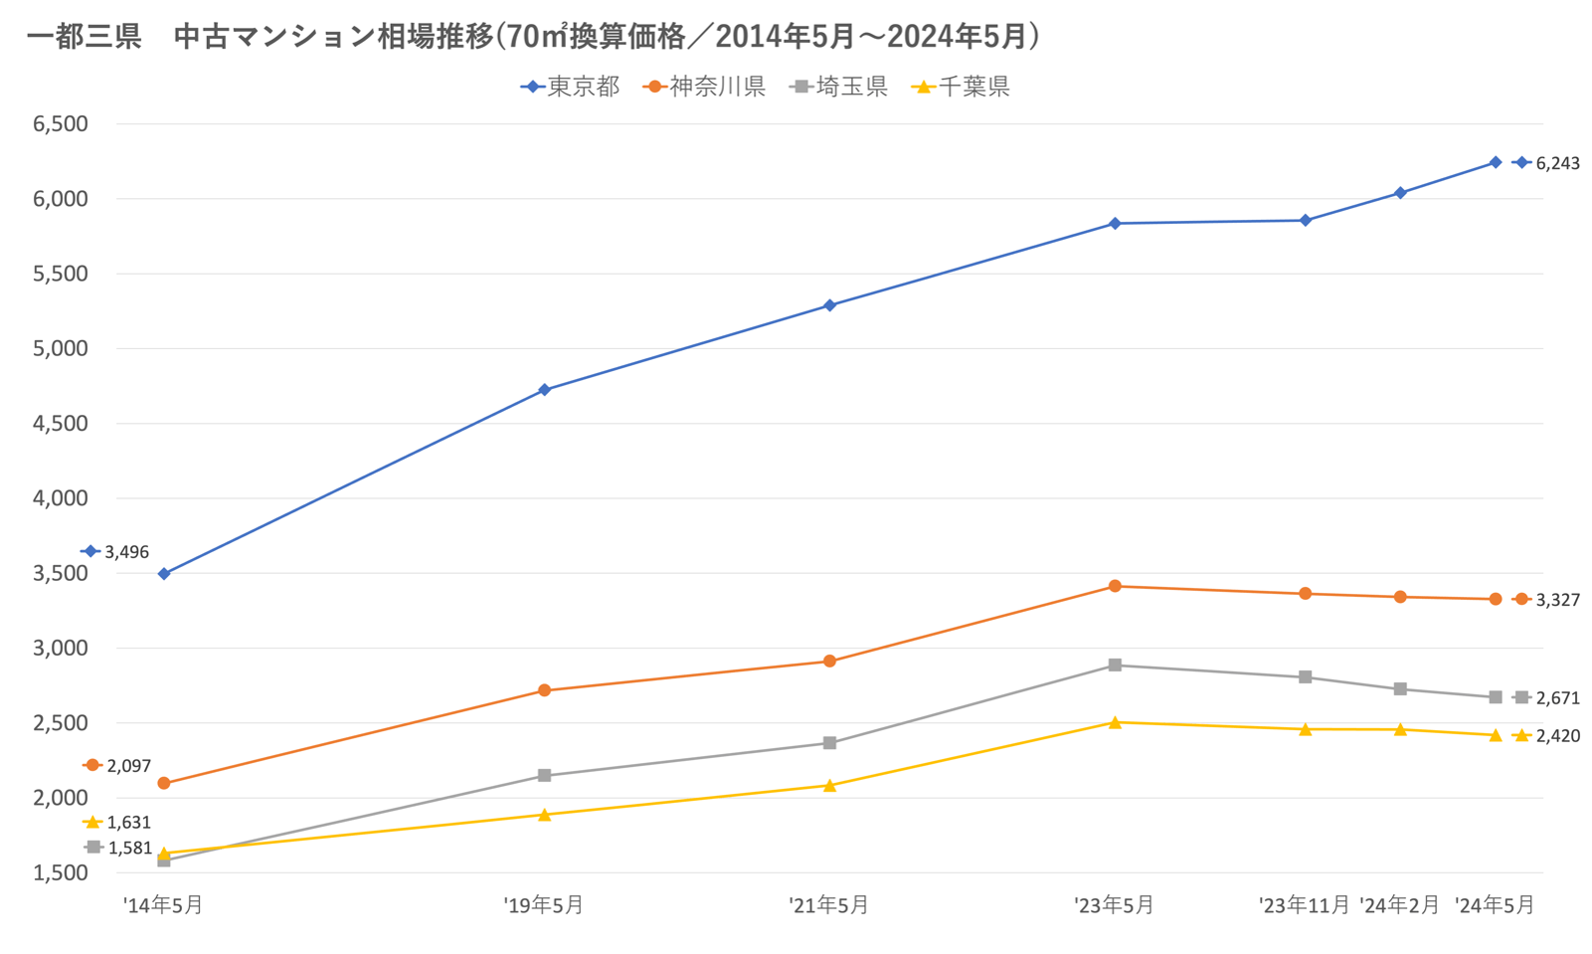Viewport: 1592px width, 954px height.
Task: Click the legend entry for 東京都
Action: pos(571,88)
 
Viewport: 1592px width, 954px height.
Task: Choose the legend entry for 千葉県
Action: pos(961,88)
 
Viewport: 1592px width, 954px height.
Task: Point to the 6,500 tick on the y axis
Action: pos(61,124)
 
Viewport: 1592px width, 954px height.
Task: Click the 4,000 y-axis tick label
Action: pos(61,498)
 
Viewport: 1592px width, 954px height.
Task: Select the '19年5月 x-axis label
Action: pos(544,905)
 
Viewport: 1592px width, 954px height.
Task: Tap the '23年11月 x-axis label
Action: pos(1305,905)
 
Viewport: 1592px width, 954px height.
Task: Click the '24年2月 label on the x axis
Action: pos(1400,905)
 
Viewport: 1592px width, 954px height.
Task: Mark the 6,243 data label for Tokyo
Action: pos(1557,164)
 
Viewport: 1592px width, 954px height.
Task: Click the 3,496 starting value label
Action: pos(126,552)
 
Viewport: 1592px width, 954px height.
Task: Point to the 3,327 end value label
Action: pos(1557,601)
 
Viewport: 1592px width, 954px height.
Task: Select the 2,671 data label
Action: pos(1557,699)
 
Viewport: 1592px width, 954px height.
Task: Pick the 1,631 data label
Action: pos(128,823)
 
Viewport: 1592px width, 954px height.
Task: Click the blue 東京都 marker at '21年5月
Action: pos(830,305)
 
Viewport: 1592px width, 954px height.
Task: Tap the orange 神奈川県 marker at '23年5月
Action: pos(1115,587)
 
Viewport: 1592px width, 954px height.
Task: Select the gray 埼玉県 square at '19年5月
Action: pos(544,776)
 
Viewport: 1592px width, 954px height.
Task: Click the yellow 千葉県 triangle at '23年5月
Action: pos(1115,722)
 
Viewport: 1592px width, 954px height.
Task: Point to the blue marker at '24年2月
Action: pos(1400,193)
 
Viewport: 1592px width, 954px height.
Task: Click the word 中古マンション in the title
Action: pos(274,37)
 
